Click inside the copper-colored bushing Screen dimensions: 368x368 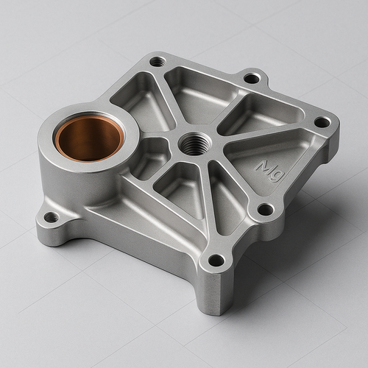pos(90,138)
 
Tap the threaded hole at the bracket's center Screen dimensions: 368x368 pos(194,144)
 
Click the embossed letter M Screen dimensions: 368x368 pos(263,166)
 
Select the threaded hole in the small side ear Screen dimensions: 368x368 pos(52,217)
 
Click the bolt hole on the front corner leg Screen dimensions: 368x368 pos(216,261)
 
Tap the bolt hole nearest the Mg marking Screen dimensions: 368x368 pos(266,210)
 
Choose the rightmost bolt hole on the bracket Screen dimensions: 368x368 pos(322,122)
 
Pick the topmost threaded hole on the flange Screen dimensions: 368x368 pos(158,62)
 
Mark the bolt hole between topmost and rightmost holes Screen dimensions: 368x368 pos(252,78)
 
